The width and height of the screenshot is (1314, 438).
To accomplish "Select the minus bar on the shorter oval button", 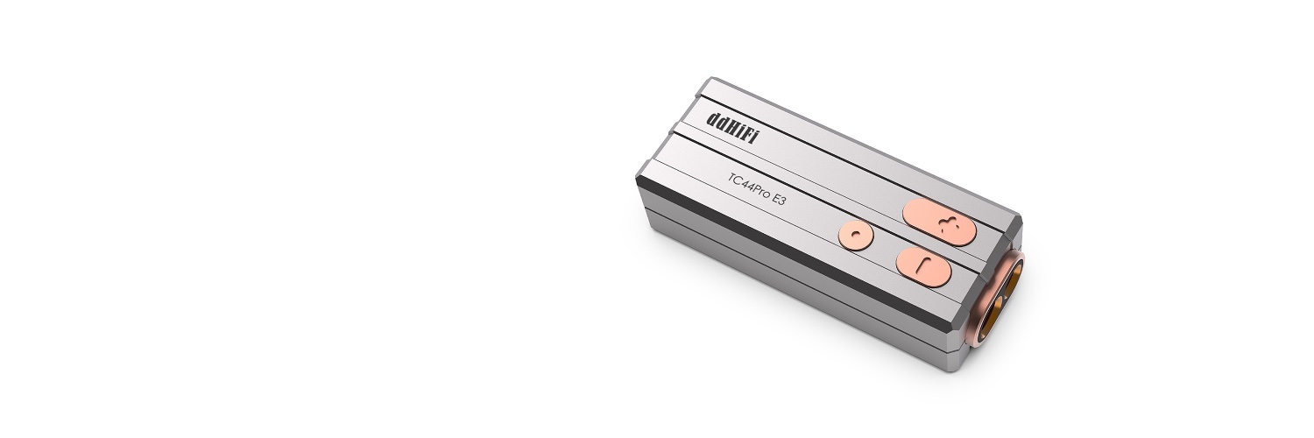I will tap(920, 265).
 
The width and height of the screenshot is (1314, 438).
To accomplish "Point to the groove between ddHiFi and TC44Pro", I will tap(788, 166).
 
